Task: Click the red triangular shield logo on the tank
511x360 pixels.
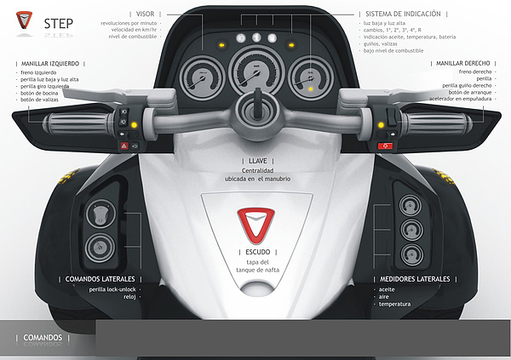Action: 254,224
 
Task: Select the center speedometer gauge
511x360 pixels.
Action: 253,72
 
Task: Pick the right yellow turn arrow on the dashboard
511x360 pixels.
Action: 289,43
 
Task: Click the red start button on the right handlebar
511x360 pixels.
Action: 384,146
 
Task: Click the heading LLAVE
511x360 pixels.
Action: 255,160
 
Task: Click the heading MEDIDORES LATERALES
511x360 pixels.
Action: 415,278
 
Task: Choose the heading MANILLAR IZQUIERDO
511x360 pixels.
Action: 53,64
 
